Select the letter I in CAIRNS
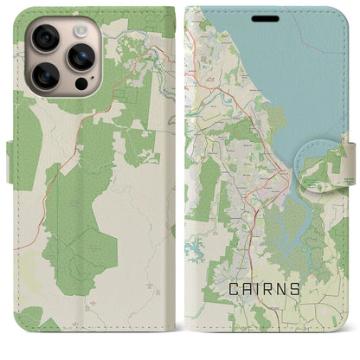click(262, 289)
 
